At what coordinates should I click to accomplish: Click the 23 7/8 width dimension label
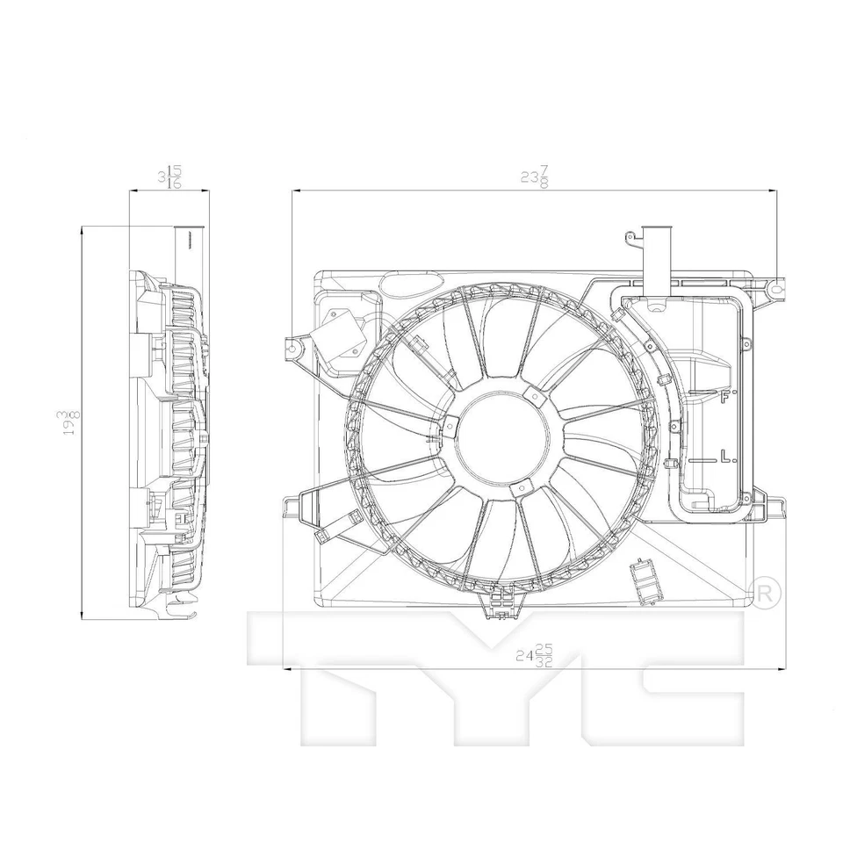click(533, 177)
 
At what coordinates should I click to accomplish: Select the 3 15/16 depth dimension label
click(169, 177)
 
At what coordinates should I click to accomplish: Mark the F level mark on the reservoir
click(726, 395)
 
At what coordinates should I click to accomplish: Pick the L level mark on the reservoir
click(725, 457)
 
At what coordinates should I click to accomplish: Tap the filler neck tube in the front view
click(656, 260)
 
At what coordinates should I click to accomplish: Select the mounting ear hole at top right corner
click(775, 287)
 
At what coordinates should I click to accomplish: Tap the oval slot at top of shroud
click(410, 284)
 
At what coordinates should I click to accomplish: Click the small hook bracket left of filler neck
click(629, 237)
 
